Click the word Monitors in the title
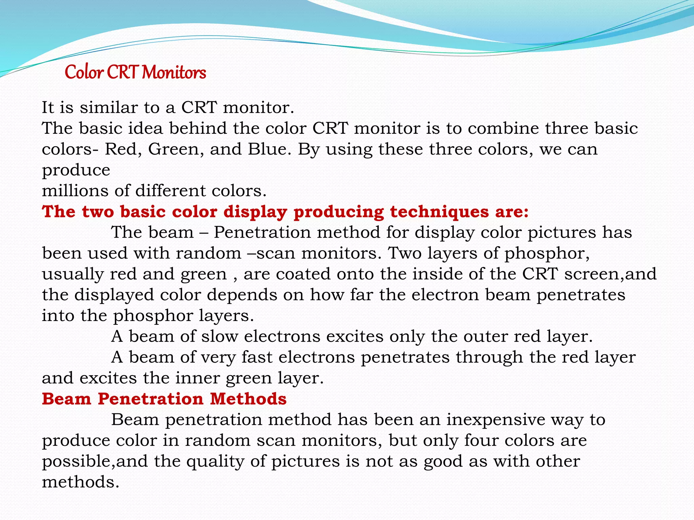(x=174, y=72)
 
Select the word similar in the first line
(x=108, y=108)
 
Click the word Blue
(x=269, y=149)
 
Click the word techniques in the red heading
(x=439, y=212)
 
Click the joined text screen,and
(x=610, y=274)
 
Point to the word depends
(x=242, y=295)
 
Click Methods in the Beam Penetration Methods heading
(x=248, y=399)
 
